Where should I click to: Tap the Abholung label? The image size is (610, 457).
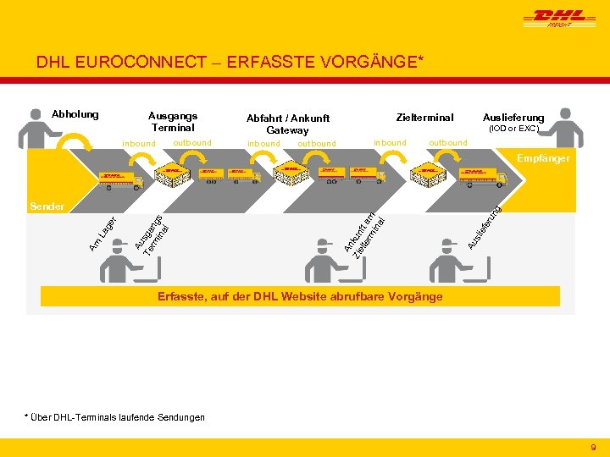pos(75,114)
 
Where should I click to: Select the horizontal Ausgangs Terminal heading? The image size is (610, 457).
pos(173,121)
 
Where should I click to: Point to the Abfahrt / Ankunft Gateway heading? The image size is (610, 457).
pos(287,124)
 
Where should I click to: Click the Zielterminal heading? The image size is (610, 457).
pos(425,118)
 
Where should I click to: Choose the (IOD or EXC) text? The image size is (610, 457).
pos(514,129)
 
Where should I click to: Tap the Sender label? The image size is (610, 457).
pos(46,206)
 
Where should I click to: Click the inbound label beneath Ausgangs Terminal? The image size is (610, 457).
pos(139,144)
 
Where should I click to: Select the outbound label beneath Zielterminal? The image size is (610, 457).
pos(447,142)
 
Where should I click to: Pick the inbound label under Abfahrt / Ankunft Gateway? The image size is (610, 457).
pos(263,144)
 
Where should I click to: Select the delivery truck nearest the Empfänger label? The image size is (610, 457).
pos(485,177)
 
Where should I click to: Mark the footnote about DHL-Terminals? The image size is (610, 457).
pos(114,417)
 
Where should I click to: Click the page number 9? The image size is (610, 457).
pos(593,446)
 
